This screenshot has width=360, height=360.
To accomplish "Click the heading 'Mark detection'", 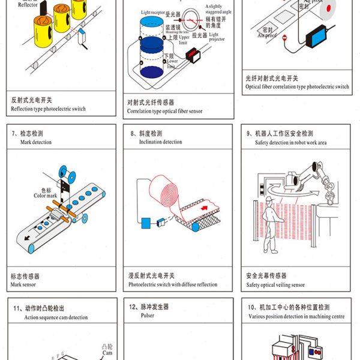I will pyautogui.click(x=36, y=142).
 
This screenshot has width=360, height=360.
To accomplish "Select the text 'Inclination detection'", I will pyautogui.click(x=161, y=142).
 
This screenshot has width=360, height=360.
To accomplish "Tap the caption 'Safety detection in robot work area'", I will pyautogui.click(x=290, y=142).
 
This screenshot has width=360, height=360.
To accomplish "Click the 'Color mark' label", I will pyautogui.click(x=44, y=196).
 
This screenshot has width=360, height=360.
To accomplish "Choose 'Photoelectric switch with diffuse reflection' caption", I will pyautogui.click(x=173, y=284).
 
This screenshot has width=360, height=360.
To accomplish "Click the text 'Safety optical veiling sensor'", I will pyautogui.click(x=275, y=284).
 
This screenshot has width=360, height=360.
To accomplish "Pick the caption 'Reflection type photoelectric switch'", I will pyautogui.click(x=49, y=109).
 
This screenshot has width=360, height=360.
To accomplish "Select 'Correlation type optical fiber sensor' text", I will pyautogui.click(x=164, y=111).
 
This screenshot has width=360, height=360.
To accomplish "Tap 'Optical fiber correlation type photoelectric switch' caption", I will pyautogui.click(x=297, y=86).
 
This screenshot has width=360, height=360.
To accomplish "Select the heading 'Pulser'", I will pyautogui.click(x=147, y=315).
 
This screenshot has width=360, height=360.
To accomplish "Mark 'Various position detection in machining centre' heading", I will pyautogui.click(x=296, y=316).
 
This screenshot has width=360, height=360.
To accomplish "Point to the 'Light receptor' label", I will pyautogui.click(x=154, y=12).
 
